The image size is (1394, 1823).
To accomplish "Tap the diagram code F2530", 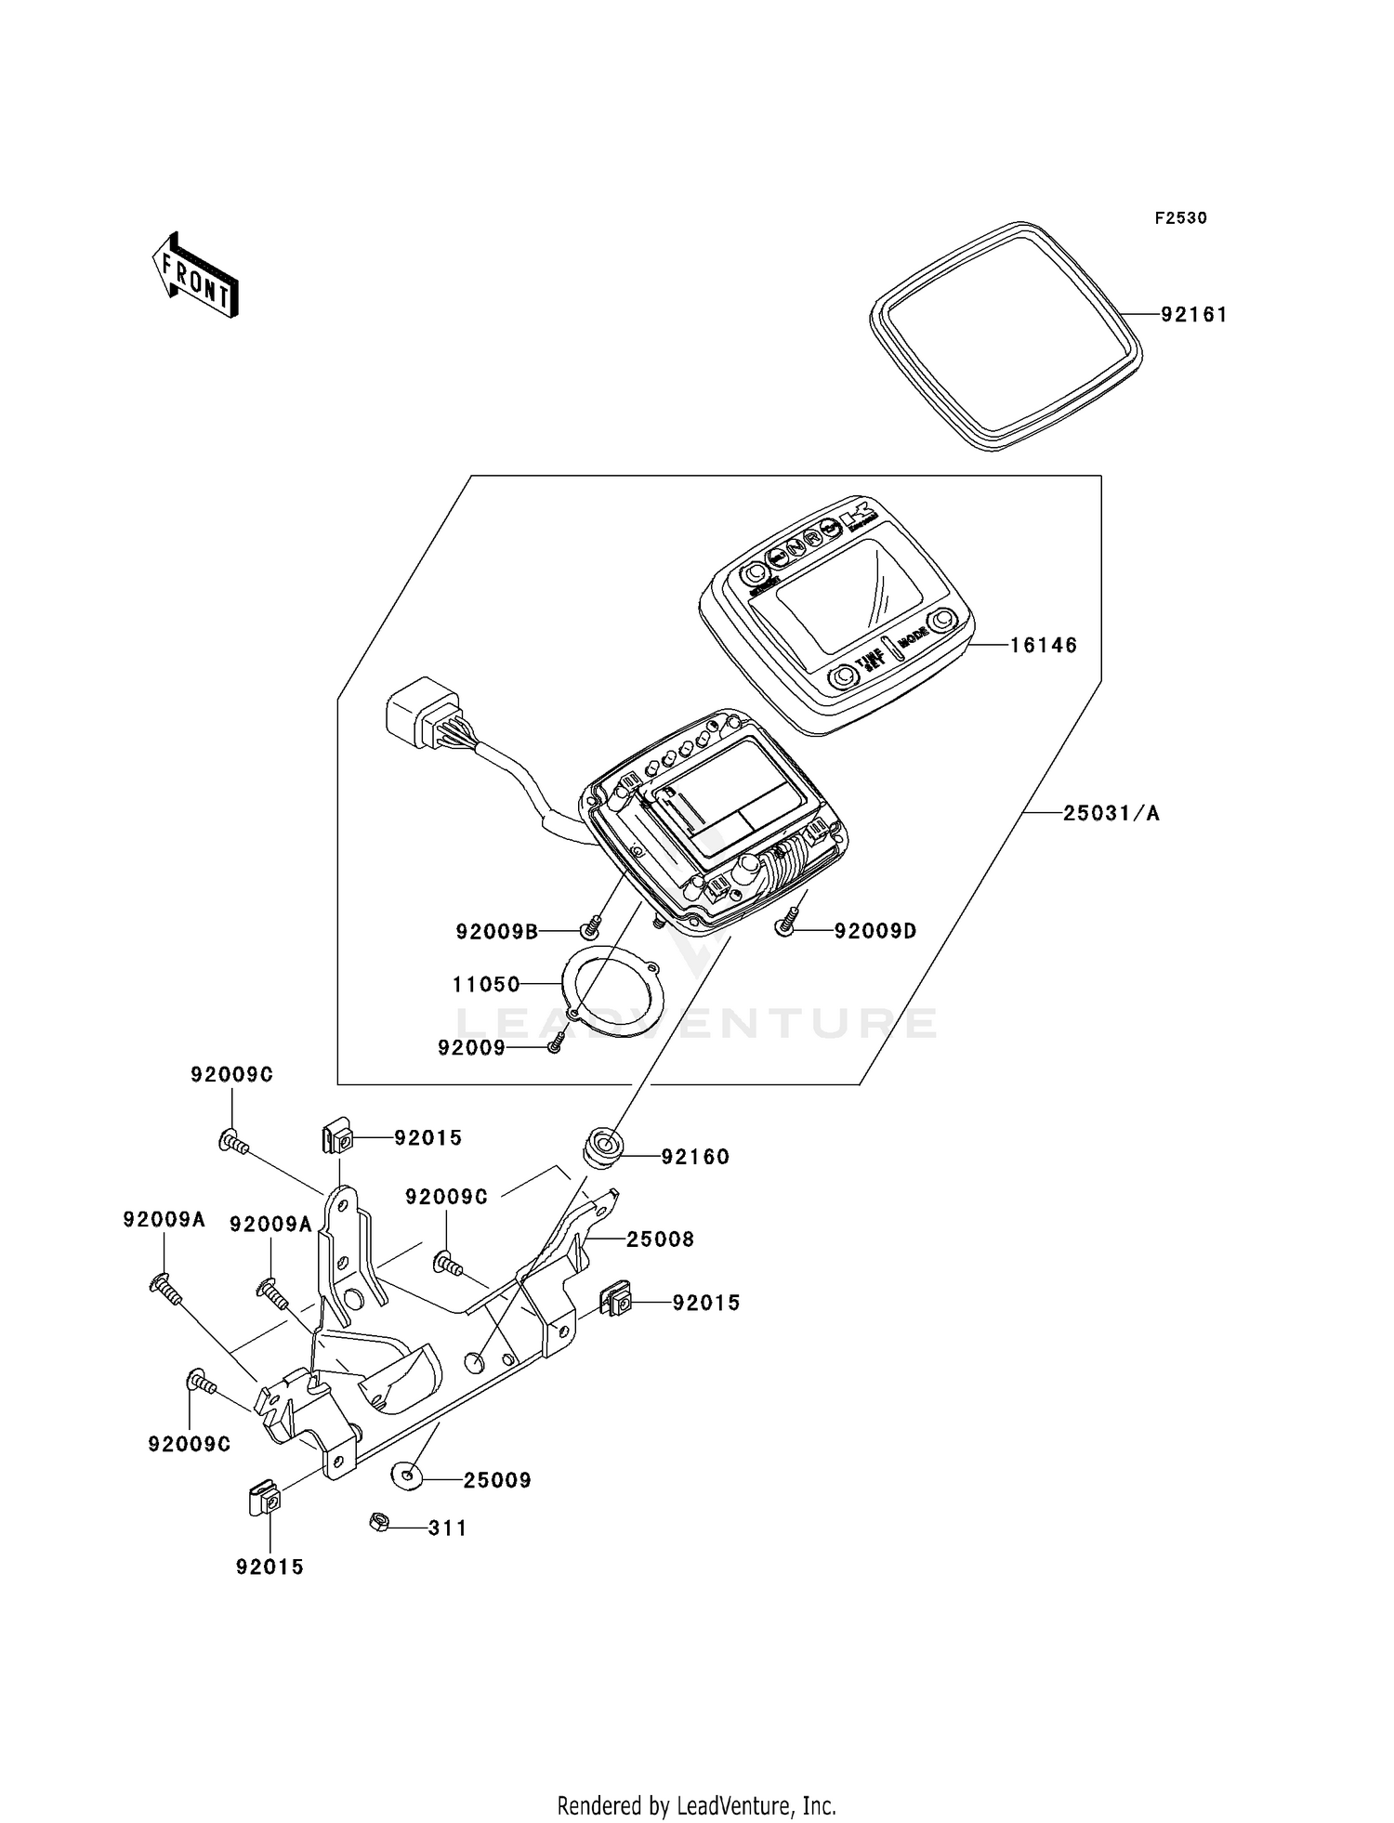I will coord(1180,218).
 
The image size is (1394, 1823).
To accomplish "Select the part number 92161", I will coord(1194,315).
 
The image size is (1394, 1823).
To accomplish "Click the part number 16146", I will coord(1044,645).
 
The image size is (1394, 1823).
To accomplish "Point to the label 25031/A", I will coord(1111,814).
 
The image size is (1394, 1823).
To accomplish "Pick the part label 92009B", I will coord(497,931).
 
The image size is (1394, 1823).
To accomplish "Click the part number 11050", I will coord(486,984).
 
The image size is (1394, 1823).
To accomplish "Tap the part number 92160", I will coord(695,1157).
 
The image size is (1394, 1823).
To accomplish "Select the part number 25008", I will coord(660,1239).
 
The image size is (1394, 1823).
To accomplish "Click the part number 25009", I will coord(497,1480).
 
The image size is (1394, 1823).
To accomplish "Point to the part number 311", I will coord(447,1528).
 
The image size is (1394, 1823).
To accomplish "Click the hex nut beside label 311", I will coord(379,1522).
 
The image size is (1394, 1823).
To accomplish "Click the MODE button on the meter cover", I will coord(944,620).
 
